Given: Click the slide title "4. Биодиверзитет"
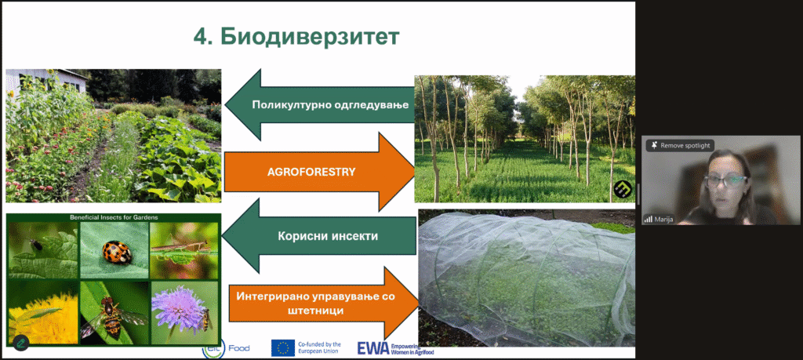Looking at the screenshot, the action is click(296, 37).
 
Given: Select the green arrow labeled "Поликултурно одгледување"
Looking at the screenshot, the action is click(319, 105).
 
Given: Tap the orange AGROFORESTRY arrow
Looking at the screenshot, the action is click(320, 172).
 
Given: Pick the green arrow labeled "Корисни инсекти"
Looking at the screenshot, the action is click(320, 237).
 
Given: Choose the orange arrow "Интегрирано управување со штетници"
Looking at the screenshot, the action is click(322, 304).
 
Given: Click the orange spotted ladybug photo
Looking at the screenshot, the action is click(114, 250).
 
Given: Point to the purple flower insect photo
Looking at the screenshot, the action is click(184, 312).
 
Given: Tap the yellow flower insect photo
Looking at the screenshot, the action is click(43, 312).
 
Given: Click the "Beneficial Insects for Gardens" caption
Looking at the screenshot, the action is click(114, 217).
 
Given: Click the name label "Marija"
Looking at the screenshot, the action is click(667, 219).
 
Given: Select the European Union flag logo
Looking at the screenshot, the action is click(282, 348).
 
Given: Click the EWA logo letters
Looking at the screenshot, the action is click(372, 348).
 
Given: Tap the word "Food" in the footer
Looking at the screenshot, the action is click(238, 348).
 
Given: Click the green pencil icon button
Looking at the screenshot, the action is click(21, 343).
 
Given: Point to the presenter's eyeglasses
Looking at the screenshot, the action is click(725, 180).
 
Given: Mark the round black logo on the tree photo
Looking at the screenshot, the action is click(623, 190).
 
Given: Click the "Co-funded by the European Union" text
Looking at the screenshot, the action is click(319, 348).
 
